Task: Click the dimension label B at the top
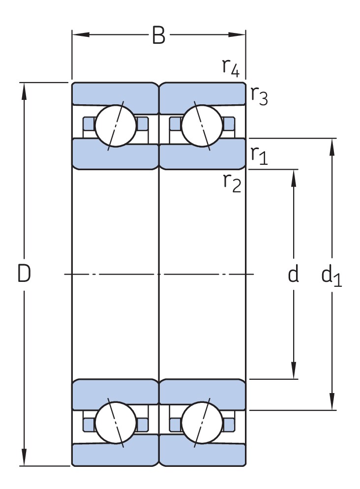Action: pos(158,35)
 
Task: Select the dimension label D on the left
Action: pos(24,274)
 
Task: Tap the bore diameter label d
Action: pos(293,275)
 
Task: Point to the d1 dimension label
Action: pos(331,276)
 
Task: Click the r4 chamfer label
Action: pos(231,67)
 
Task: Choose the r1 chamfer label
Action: pos(259,155)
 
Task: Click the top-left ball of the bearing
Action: pos(116,125)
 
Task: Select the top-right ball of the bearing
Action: pos(202,125)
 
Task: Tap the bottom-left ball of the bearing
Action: pos(116,423)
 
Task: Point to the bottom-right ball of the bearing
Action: pos(202,423)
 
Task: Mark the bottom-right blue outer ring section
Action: pos(202,455)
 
